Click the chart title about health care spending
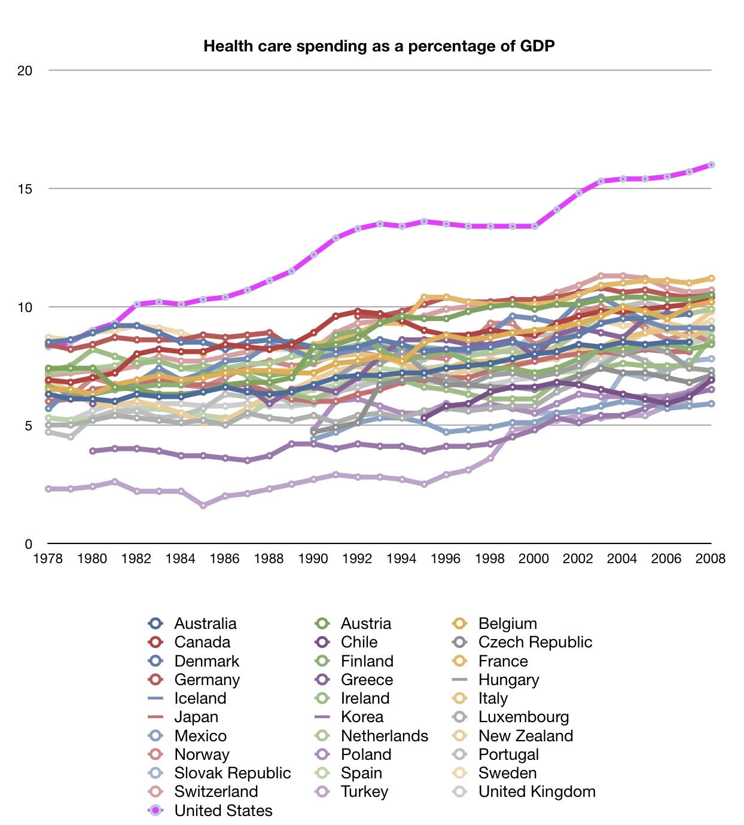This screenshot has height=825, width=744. click(x=379, y=46)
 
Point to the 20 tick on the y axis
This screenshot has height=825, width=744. click(x=25, y=71)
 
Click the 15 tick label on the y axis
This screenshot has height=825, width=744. click(x=25, y=189)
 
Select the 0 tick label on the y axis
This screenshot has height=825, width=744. click(x=28, y=544)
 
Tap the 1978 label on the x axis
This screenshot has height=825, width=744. click(x=48, y=558)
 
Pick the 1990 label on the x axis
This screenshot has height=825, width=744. click(x=313, y=558)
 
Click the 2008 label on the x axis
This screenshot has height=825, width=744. click(x=711, y=558)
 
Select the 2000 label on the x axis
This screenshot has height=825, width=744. click(x=533, y=558)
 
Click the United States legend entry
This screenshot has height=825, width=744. click(x=223, y=811)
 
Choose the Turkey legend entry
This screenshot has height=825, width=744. click(x=364, y=792)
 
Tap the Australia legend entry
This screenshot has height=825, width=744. click(x=205, y=624)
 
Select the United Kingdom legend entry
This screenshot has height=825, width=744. click(x=536, y=792)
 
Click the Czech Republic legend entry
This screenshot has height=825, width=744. click(x=535, y=642)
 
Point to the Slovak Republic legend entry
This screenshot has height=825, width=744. click(x=232, y=773)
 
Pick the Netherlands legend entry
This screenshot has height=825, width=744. click(x=384, y=736)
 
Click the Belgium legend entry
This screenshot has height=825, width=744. click(x=507, y=624)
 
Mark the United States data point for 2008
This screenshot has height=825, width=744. click(x=711, y=165)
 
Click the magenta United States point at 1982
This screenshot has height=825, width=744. click(x=137, y=304)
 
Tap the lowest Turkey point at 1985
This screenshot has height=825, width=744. click(x=203, y=506)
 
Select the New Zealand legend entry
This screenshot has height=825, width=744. click(x=525, y=736)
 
